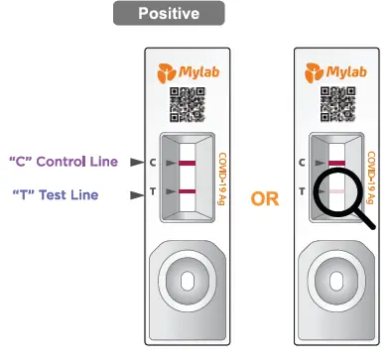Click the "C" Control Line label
tap(63, 162)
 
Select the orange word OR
tap(264, 198)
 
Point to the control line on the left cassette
tap(186, 161)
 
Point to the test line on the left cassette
tap(186, 190)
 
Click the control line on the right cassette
tap(336, 161)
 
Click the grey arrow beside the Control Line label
tap(136, 162)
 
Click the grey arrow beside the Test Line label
tap(136, 195)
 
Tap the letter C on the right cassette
tap(301, 161)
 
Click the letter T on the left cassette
tap(151, 190)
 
